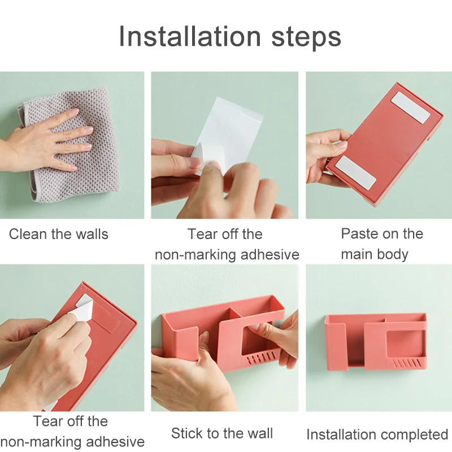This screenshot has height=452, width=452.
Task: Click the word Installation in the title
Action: tap(190, 36)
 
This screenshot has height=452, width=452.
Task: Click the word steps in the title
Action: tap(306, 37)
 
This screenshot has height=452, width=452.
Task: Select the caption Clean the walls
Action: tap(59, 234)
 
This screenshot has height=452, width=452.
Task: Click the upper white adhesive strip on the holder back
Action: tap(411, 108)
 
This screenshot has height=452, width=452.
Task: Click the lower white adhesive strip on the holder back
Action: tap(356, 173)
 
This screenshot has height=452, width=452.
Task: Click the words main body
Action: tap(375, 255)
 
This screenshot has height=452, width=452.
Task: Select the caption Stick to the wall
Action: tap(221, 433)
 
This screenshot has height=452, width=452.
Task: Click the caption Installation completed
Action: tap(377, 434)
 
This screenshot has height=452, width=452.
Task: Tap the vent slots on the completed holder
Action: tap(406, 363)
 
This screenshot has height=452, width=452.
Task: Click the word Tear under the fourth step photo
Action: tap(49, 421)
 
